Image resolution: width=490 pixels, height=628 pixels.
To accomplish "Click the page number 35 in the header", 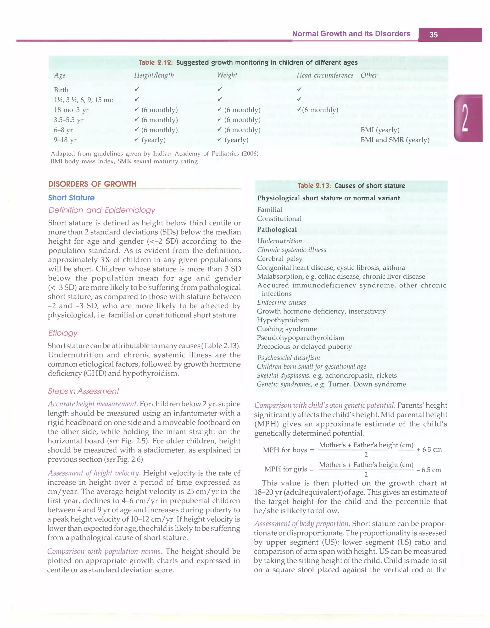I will (433, 35).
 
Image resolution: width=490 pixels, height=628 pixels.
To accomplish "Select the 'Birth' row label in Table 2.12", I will (61, 90).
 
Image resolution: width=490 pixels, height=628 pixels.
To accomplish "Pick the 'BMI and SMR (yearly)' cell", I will (395, 140).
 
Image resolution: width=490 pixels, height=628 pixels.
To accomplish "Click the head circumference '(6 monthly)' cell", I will (317, 110).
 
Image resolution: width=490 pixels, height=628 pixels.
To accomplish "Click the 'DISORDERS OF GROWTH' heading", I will (92, 184).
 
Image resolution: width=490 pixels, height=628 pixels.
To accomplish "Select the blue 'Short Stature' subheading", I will (71, 198).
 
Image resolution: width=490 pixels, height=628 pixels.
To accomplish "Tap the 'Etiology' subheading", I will (63, 333).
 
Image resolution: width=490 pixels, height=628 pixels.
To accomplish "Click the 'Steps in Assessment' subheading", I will (83, 391).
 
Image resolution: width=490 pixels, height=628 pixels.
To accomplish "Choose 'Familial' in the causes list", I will (270, 210).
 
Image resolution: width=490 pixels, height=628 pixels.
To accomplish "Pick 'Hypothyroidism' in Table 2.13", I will (283, 320).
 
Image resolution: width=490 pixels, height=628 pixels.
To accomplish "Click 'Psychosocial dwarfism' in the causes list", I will (288, 358).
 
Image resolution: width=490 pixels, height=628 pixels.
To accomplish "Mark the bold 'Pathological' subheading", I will (277, 230).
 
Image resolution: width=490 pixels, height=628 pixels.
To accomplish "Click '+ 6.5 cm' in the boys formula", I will (429, 450).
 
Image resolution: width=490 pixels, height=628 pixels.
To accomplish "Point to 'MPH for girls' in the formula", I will (286, 469).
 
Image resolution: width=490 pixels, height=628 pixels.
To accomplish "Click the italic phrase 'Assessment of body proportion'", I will (302, 524).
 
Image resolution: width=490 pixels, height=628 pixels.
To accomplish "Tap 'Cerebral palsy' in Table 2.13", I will (279, 259).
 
